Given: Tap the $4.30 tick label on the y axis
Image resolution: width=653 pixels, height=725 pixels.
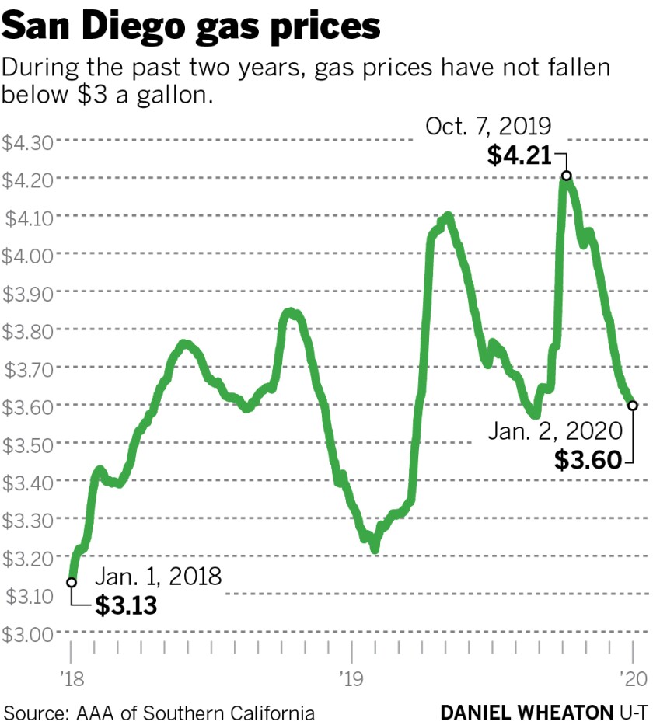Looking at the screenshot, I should [x=28, y=142].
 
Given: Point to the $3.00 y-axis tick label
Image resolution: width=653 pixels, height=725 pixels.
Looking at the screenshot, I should [x=28, y=633].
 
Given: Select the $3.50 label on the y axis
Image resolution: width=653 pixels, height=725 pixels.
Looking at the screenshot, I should [x=28, y=444].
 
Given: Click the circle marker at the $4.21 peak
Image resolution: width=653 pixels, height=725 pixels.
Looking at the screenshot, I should [x=567, y=176].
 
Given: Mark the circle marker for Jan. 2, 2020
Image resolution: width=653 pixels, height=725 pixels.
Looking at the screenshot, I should [x=633, y=405].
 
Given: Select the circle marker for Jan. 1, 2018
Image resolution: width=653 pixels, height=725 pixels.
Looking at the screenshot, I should [x=72, y=581].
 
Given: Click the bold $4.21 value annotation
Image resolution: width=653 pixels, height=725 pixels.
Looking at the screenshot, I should [x=519, y=155].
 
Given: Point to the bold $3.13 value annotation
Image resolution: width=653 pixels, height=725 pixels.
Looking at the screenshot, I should [x=126, y=605].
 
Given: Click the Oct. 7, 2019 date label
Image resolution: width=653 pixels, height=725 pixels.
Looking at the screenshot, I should [x=488, y=125].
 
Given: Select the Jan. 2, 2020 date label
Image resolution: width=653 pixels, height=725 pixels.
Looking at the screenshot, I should [x=554, y=430].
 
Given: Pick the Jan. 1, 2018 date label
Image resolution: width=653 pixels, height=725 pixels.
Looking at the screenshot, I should [x=159, y=577].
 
